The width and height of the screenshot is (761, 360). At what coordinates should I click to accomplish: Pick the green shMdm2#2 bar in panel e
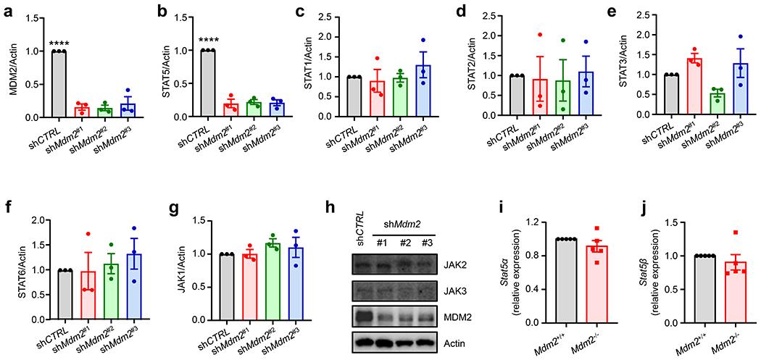pos(684,104)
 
